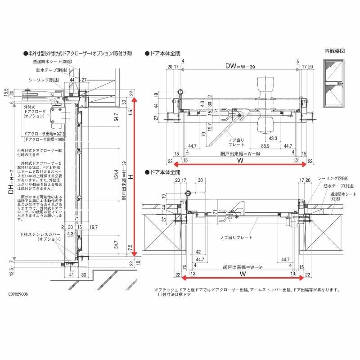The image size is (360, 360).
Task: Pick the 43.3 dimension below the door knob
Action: point(272,138)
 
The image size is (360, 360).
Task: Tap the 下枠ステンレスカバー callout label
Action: point(40,237)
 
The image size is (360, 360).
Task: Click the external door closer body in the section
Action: point(59,116)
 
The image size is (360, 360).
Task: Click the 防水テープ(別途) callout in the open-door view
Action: point(331,185)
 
